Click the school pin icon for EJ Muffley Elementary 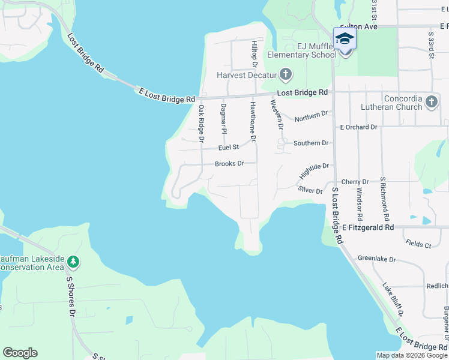(345, 40)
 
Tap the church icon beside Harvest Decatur (286, 75)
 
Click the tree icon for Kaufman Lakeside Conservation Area (73, 262)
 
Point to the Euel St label (229, 147)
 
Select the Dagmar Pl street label (223, 119)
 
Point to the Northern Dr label (312, 114)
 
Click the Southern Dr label (311, 143)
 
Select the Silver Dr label (310, 190)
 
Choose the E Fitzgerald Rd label (368, 227)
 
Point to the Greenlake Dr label (376, 259)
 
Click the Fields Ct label (418, 245)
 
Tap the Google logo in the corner (20, 353)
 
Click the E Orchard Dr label (358, 127)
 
